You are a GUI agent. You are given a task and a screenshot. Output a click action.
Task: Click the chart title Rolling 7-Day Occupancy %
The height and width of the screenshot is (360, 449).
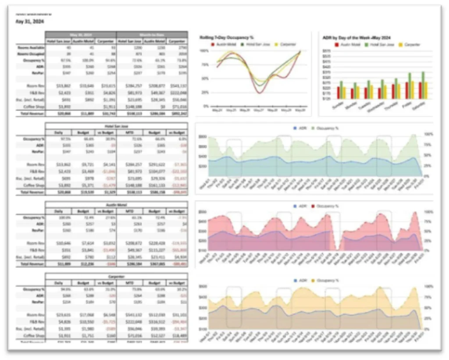(x=227, y=38)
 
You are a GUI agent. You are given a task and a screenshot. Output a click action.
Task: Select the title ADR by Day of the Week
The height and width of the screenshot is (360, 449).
(x=356, y=38)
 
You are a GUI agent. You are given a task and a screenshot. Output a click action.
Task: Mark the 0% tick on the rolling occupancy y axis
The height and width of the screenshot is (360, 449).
(x=205, y=106)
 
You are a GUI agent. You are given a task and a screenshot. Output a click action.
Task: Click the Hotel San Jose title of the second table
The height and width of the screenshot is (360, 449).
(x=117, y=126)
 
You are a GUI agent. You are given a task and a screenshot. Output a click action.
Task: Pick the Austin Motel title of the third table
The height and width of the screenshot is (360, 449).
(x=117, y=204)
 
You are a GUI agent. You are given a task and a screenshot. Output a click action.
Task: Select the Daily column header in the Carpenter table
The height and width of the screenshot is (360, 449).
(x=58, y=283)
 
